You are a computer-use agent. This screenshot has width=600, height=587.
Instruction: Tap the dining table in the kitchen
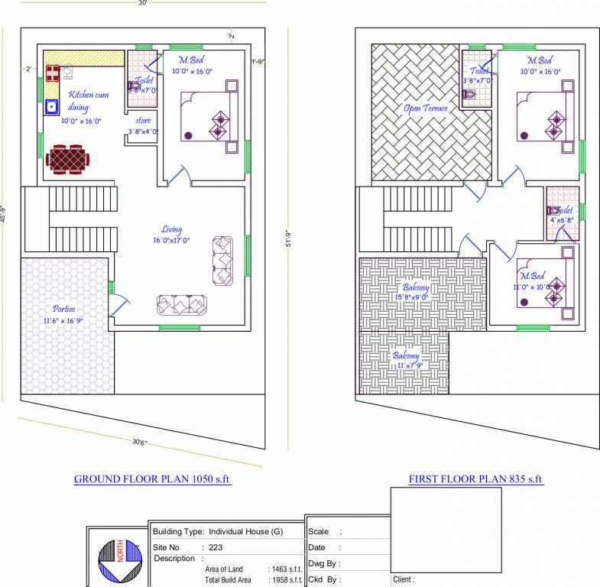67,160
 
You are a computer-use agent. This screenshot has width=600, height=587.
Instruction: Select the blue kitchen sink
51,106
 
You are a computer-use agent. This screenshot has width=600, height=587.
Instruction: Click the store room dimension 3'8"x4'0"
143,131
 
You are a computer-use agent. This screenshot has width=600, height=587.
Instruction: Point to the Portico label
63,308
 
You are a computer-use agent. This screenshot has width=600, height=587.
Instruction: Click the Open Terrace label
426,108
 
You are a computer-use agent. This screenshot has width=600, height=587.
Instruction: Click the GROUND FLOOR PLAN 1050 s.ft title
152,479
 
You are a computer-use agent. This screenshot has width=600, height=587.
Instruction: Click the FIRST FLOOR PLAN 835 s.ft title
475,479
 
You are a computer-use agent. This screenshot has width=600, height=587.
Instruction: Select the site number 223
215,547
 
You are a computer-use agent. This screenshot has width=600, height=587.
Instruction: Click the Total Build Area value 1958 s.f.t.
285,580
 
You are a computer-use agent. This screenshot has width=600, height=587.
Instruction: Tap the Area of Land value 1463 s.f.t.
285,569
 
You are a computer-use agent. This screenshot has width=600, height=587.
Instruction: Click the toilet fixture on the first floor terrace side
469,96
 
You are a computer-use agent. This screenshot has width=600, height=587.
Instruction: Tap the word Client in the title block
404,580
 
